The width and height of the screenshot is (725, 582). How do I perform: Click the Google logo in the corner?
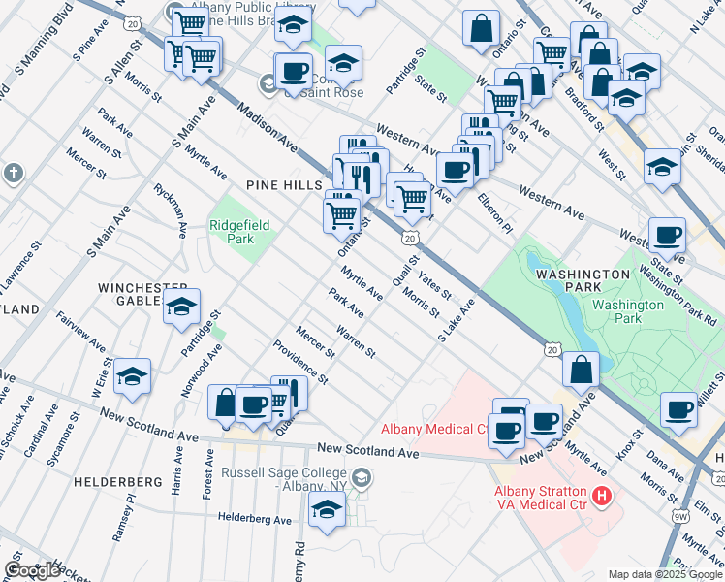[31, 570]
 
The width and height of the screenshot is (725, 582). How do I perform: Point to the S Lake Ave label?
[457, 320]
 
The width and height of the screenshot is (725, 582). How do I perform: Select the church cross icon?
[13, 173]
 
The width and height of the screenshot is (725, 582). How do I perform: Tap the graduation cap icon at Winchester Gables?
[181, 307]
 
